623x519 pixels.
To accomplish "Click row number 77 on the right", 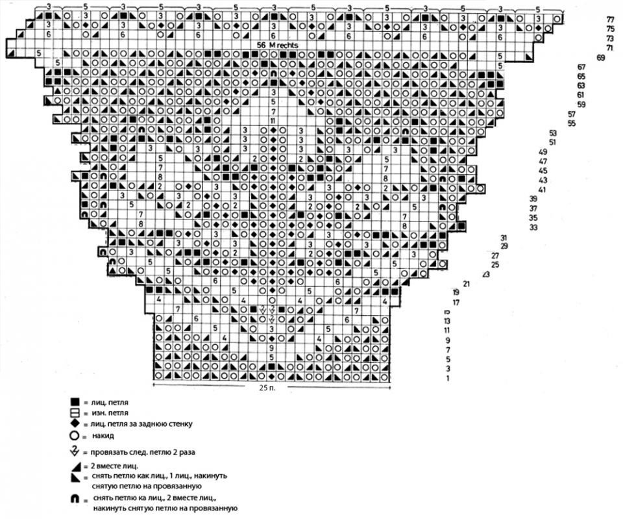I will click(x=610, y=20).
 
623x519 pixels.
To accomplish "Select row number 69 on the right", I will click(x=600, y=58).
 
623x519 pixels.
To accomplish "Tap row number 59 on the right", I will click(x=581, y=105).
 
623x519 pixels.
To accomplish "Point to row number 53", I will click(x=553, y=133).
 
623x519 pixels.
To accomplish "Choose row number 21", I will click(x=466, y=283).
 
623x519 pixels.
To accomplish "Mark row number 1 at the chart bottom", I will click(x=448, y=377).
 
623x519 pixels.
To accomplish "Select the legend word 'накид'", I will click(x=103, y=435).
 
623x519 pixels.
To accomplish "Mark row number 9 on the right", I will click(x=448, y=340).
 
